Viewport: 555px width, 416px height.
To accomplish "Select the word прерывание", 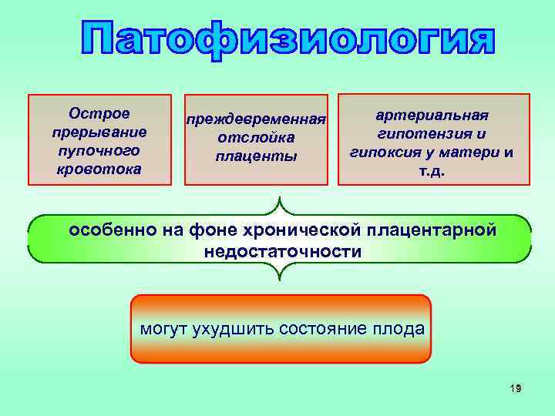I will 99,132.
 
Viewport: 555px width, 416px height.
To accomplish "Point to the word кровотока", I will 99,168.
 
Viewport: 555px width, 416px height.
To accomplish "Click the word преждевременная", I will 255,120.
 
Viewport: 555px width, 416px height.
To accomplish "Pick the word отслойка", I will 255,139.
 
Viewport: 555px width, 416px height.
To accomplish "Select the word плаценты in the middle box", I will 255,156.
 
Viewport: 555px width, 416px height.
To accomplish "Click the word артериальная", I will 432,115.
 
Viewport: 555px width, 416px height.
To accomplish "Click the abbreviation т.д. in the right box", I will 432,171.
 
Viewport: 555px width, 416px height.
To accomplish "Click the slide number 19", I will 516,389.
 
